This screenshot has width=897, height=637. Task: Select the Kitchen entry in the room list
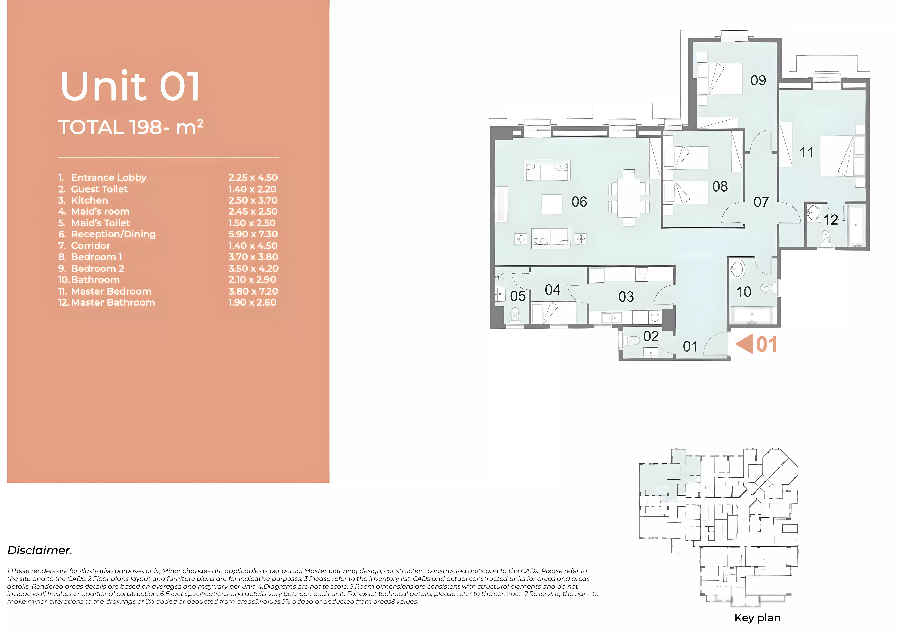[x=83, y=200]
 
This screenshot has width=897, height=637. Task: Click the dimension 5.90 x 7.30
[x=253, y=234]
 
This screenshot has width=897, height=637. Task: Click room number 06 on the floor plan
[x=579, y=202]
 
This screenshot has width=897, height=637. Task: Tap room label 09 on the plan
[x=758, y=80]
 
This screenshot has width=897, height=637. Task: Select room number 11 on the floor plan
[x=806, y=153]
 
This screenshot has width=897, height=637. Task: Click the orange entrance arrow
[x=744, y=344]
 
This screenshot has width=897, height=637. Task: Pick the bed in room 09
[x=720, y=79]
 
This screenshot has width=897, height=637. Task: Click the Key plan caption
[x=757, y=618]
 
